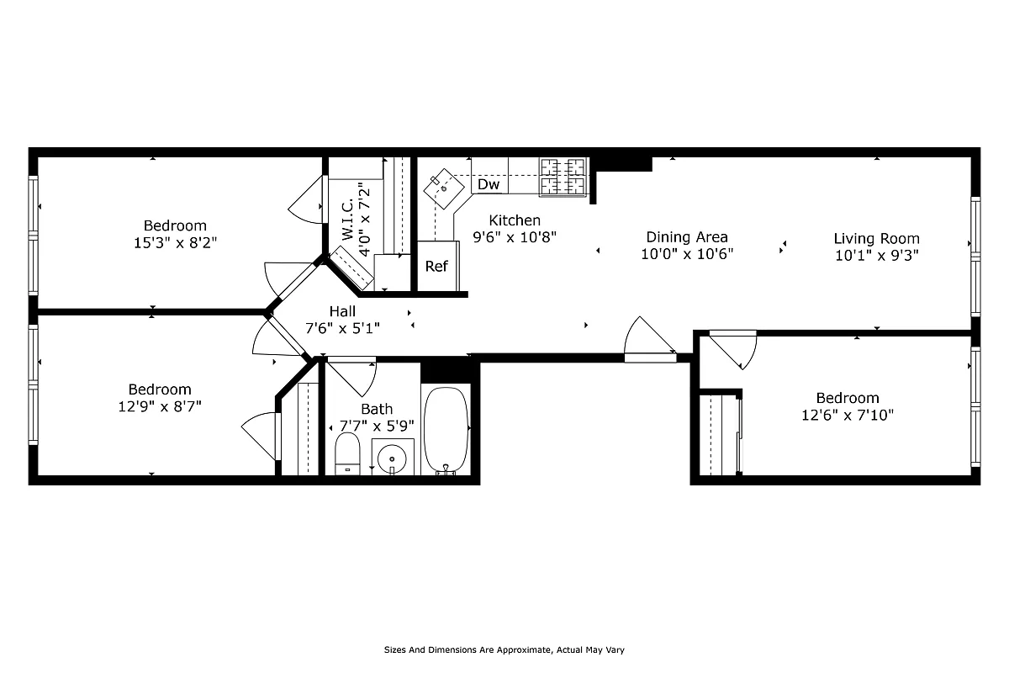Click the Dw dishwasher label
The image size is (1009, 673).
click(489, 184)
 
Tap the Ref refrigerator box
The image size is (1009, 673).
click(436, 267)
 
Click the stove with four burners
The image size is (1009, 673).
click(563, 178)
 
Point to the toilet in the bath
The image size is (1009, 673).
click(347, 454)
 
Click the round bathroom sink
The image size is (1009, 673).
click(392, 458)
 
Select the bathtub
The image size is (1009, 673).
click(446, 431)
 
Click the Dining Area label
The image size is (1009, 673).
click(687, 237)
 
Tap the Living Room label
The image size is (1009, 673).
click(876, 239)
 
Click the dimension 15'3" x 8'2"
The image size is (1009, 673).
click(175, 242)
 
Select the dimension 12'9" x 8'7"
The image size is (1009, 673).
click(160, 406)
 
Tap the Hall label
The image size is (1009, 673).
click(342, 311)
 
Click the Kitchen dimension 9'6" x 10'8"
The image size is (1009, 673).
click(515, 237)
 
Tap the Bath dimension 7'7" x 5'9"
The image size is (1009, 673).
click(377, 426)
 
